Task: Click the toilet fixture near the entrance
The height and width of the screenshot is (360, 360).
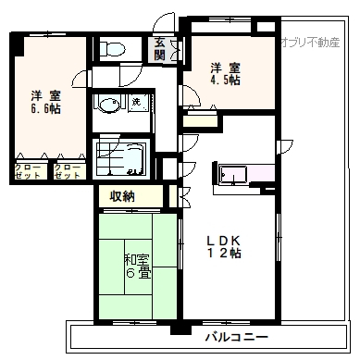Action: pos(112,48)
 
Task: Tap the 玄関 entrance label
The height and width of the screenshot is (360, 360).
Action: pos(160,48)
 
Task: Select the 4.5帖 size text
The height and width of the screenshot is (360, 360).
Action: pos(225,80)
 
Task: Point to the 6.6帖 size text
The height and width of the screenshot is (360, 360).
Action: pos(45,108)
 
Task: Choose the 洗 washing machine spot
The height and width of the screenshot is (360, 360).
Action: pos(136,102)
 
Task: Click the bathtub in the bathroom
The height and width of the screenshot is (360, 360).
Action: pos(121,159)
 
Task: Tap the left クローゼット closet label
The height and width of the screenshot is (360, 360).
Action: pos(28,171)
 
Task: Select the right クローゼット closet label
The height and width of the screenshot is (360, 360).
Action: pos(67,171)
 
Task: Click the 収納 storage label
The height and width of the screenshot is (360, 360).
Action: pos(122,195)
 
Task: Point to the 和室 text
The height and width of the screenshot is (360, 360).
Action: pos(136,260)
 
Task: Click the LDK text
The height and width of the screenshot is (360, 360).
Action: pos(223,240)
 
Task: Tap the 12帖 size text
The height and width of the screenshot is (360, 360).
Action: pos(224,254)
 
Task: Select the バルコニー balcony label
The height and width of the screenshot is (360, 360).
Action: pos(237,337)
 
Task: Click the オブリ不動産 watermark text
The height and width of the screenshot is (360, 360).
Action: pos(310,42)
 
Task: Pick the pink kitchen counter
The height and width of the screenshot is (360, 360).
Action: pos(247,175)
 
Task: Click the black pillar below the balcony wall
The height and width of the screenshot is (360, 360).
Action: pos(180,329)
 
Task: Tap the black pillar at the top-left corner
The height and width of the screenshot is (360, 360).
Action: pos(17,43)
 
